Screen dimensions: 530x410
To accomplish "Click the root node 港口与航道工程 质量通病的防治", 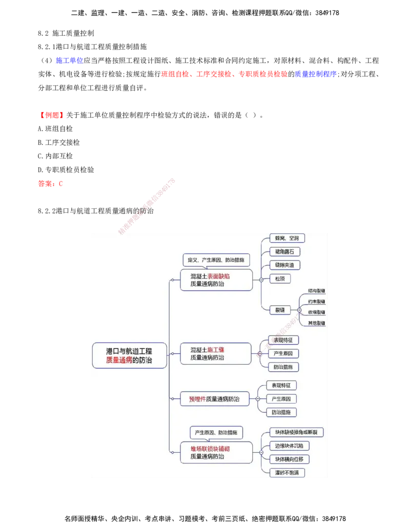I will coord(129,355).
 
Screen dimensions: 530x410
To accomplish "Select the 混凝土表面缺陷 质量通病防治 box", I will coord(216,280).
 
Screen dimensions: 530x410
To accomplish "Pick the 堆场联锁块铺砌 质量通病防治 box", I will coord(216,453).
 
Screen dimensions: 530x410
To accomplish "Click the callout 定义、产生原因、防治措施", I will coord(216,260).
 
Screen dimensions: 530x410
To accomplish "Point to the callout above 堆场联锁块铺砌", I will coord(216,432).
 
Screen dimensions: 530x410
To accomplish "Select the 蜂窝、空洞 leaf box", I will coord(287,238).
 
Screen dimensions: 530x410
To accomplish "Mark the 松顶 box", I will coord(279,279).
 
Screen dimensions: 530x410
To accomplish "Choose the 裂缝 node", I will coord(280,310).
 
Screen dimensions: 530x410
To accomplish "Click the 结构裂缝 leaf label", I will coord(316,290).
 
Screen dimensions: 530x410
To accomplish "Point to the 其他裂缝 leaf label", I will coord(316,323).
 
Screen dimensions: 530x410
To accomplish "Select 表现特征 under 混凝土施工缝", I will coord(283,340).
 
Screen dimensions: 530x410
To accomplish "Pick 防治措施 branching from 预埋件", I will coord(281,412).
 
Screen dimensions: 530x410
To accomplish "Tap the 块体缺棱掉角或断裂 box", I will coord(297,432).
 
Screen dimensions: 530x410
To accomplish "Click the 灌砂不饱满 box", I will coord(287,472).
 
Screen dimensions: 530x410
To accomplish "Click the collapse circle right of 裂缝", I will coord(299,310).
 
